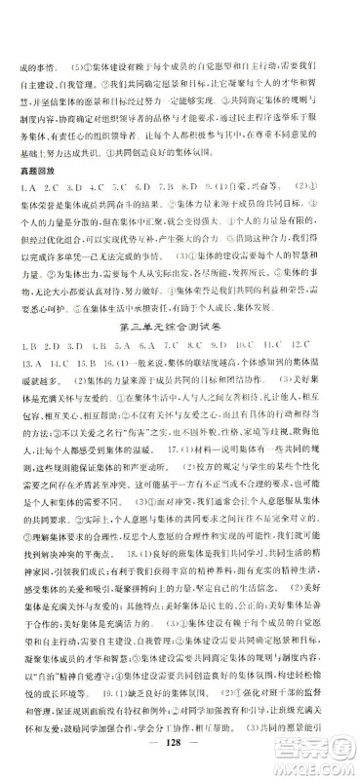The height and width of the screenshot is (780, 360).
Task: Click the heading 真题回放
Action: [x=37, y=174]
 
